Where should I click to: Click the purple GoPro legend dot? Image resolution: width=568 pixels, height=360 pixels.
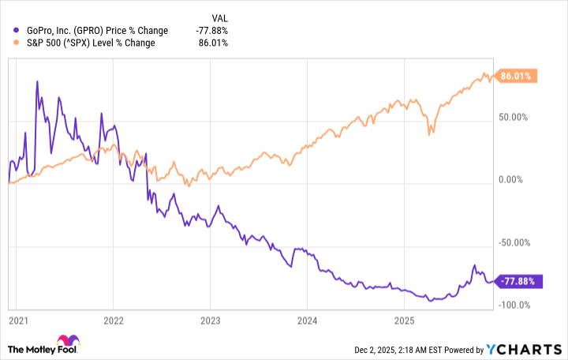click(10, 31)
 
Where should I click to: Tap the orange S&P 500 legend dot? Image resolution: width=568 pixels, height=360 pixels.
click(10, 43)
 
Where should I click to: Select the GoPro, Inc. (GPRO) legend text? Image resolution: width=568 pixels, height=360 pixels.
click(92, 31)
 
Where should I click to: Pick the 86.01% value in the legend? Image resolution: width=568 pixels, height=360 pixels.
click(215, 43)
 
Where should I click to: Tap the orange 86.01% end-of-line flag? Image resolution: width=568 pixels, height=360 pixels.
click(516, 76)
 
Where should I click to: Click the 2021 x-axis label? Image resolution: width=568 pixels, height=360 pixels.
click(18, 321)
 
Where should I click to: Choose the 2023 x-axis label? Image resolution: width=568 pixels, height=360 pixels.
click(211, 321)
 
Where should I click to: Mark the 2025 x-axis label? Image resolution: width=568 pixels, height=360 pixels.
click(404, 321)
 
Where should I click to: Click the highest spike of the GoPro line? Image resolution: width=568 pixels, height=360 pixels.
click(37, 81)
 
